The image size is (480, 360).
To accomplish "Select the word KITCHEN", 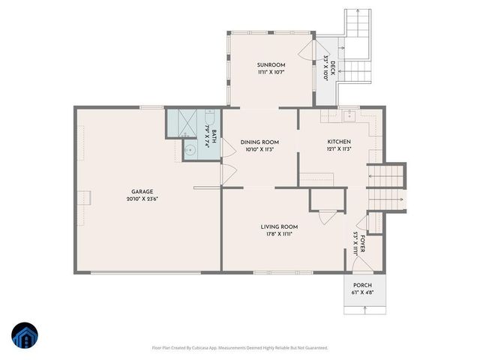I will [339, 142].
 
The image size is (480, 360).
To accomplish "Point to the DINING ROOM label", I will [259, 142].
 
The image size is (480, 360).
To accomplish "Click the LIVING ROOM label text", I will [279, 226].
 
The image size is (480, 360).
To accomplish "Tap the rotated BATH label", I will [214, 136].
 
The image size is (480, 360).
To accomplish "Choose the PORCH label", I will [362, 285].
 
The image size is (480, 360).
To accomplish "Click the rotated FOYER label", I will [362, 242].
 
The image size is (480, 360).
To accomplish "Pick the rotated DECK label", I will [328, 62].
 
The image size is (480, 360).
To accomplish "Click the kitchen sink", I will [348, 116].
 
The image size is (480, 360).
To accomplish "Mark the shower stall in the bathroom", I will [181, 121].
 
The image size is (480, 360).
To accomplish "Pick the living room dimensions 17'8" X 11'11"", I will [279, 234].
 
